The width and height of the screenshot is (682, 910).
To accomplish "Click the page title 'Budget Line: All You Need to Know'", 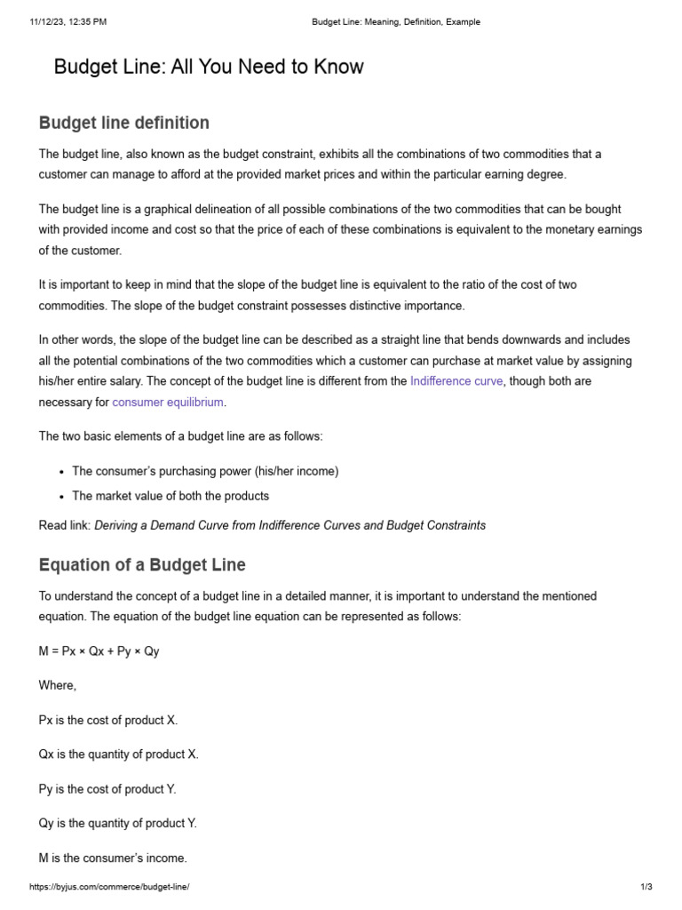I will tap(209, 67).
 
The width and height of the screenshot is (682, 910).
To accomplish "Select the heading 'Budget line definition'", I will tap(124, 123).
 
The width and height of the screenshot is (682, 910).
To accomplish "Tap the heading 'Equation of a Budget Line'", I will tap(142, 564).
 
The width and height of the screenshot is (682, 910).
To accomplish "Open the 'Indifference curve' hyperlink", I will tap(456, 381).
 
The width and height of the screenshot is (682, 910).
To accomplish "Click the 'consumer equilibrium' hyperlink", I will tap(168, 403).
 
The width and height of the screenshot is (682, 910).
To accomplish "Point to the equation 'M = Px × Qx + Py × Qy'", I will tap(99, 651).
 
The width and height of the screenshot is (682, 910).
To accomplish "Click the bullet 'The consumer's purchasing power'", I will tap(205, 471).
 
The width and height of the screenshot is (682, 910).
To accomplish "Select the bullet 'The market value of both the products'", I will tap(170, 496).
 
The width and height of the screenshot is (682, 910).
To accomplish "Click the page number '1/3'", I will tap(646, 888).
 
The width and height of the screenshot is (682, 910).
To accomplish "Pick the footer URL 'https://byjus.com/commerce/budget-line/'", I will tap(109, 888).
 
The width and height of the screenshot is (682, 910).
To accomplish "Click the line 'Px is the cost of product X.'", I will tap(115, 720).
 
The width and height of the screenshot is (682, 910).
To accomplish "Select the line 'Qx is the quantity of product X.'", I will tap(119, 754).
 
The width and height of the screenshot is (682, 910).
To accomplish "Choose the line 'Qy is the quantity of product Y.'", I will tap(118, 824).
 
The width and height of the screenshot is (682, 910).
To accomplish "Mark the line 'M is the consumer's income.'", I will tap(114, 858).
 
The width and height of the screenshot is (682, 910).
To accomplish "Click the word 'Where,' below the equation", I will tap(58, 685).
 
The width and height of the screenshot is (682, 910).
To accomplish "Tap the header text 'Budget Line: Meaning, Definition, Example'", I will tap(396, 22).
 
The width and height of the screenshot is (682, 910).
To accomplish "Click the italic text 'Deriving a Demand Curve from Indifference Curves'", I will tap(226, 525).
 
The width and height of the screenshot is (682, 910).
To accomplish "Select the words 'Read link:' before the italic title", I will tap(65, 525).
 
